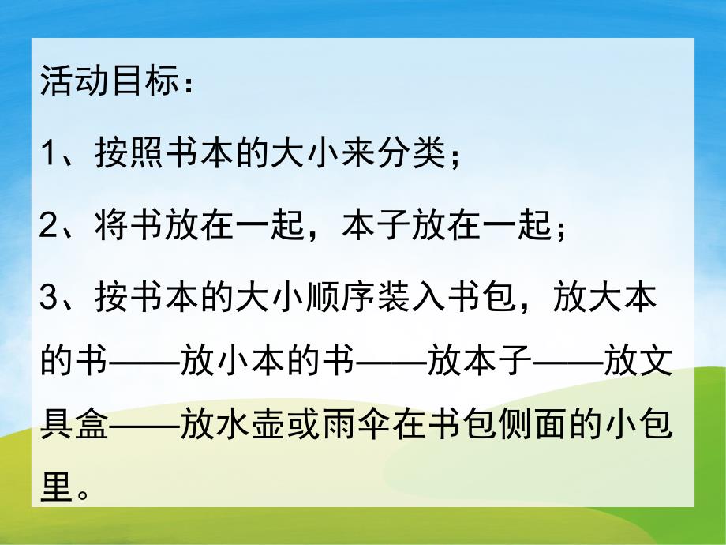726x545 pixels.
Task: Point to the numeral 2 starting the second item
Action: pyautogui.click(x=49, y=227)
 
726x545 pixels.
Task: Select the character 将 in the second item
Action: pyautogui.click(x=110, y=227)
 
